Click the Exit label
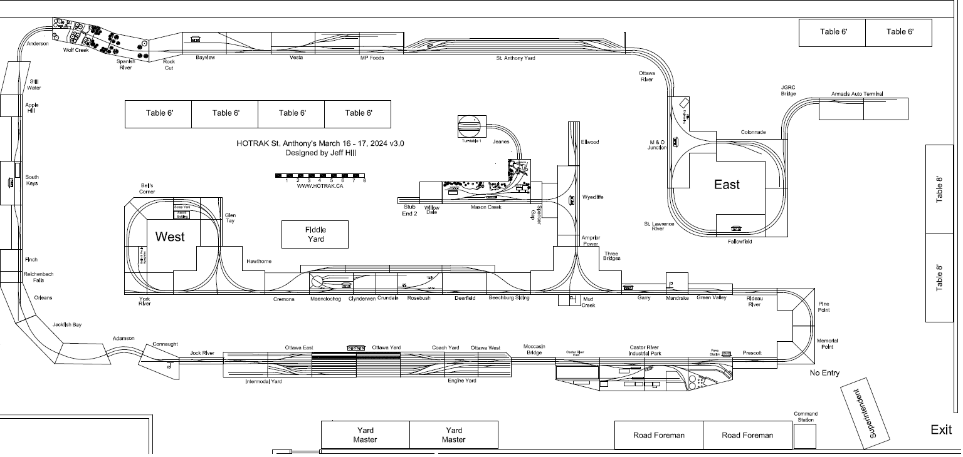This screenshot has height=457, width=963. click(941, 429)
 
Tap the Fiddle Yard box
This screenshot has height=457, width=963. click(315, 234)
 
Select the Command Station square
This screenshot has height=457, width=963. click(805, 436)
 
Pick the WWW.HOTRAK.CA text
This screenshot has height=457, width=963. click(320, 186)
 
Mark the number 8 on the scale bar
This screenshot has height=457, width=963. click(364, 180)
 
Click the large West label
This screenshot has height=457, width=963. click(170, 237)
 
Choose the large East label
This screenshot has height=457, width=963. click(727, 185)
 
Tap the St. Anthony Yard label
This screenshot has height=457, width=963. click(515, 58)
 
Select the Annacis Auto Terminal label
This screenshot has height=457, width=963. click(857, 94)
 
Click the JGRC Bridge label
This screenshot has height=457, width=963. click(788, 91)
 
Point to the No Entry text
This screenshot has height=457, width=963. click(824, 373)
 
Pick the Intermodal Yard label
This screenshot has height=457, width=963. click(263, 381)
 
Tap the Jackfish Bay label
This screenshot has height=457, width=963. click(67, 325)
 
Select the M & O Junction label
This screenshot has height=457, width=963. click(657, 145)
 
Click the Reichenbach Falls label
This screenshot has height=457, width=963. click(39, 277)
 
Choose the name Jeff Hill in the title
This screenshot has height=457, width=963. click(342, 153)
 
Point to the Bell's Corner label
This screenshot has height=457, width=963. click(147, 188)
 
